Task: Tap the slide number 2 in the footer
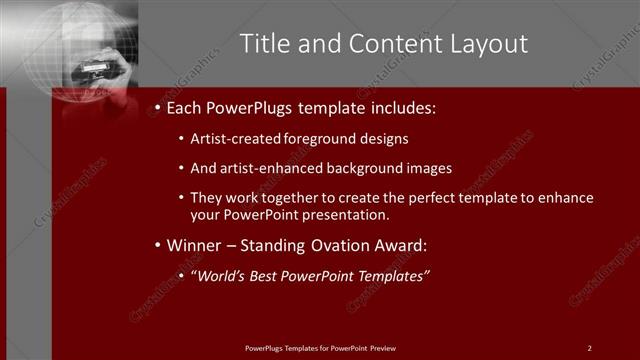click(589, 348)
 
